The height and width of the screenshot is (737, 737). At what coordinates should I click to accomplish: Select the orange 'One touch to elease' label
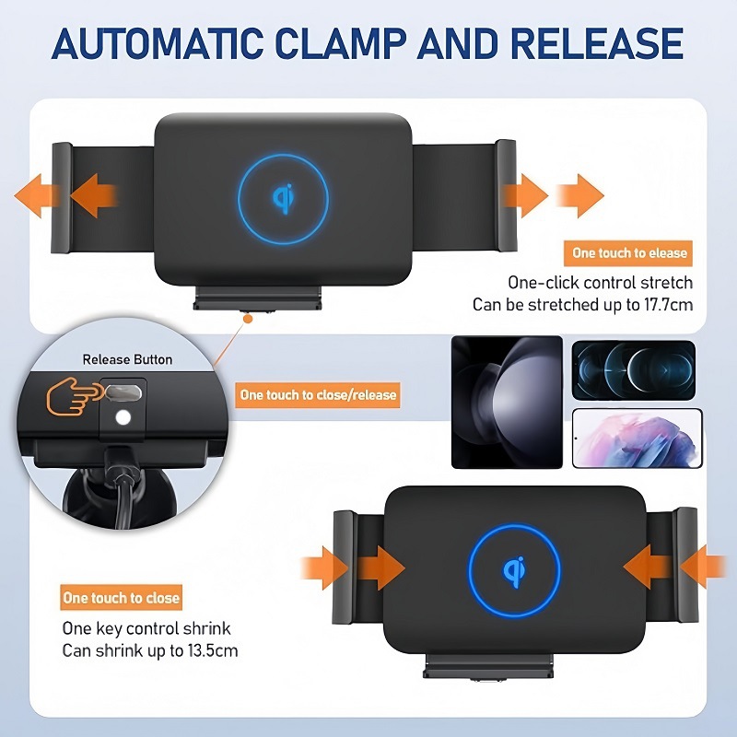click(x=629, y=252)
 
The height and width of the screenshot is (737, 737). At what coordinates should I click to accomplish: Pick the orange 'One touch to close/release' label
click(x=318, y=395)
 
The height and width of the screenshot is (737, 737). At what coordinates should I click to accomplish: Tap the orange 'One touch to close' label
click(x=121, y=598)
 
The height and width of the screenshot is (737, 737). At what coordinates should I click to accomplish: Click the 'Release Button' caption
click(x=127, y=359)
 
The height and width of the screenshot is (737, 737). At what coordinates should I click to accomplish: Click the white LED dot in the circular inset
click(x=123, y=419)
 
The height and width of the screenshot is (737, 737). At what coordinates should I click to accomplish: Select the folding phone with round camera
click(x=507, y=403)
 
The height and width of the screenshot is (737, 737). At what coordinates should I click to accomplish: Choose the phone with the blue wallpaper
click(x=634, y=369)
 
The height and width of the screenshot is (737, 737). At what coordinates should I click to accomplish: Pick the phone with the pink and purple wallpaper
click(x=638, y=439)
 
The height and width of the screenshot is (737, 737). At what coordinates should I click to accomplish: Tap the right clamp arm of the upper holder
click(x=506, y=194)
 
